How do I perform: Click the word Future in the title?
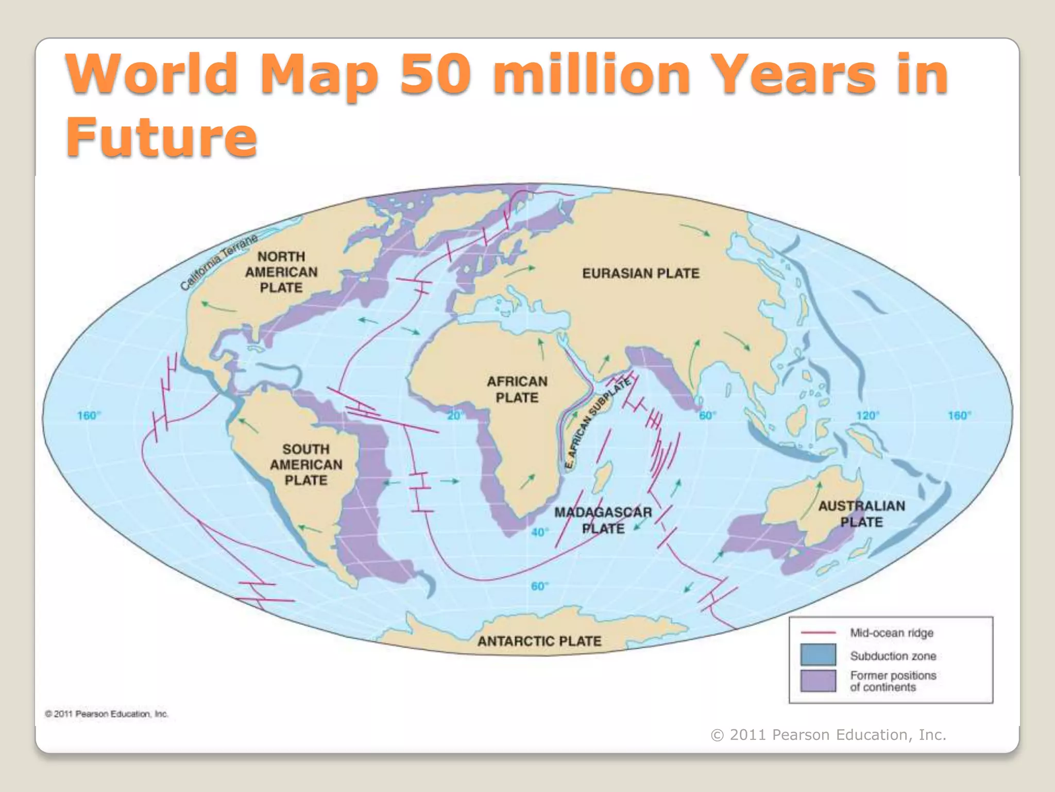pos(161,137)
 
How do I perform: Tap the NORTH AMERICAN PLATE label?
pos(281,272)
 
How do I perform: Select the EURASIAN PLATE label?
pos(641,273)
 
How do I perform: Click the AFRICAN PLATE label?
pos(517,389)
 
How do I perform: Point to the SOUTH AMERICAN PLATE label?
pos(306,465)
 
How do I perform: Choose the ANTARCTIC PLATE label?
pos(539,641)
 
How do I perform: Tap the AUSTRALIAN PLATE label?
pos(861,514)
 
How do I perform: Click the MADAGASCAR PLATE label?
pos(603,520)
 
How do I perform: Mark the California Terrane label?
pos(219,262)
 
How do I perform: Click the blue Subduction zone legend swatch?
pos(818,655)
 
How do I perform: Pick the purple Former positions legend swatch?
pos(818,681)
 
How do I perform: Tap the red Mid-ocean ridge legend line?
pos(818,632)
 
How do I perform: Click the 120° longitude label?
pos(867,416)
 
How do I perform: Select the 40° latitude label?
pos(539,532)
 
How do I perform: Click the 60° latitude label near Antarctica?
pos(539,586)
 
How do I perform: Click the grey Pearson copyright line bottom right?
pos(828,735)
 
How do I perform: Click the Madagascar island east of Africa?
pos(601,477)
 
